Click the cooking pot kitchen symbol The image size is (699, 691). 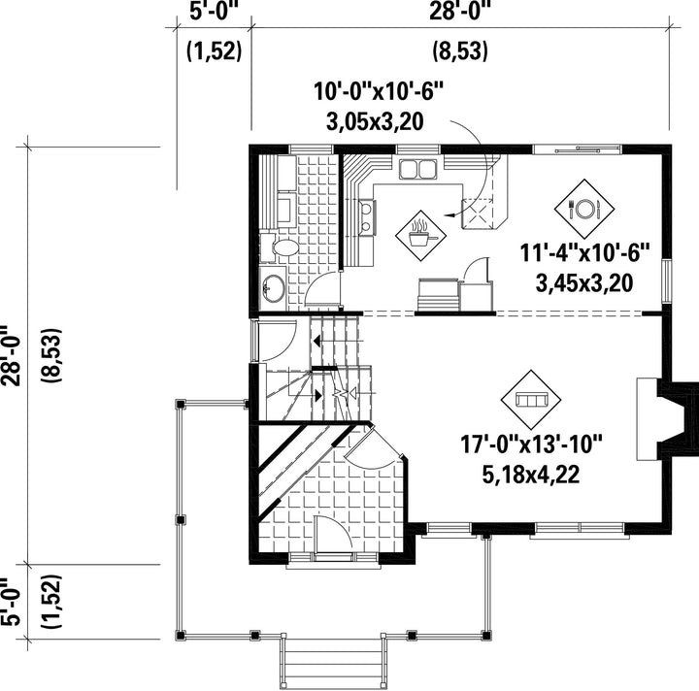pos(420,235)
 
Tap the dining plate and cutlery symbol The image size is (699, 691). pos(584,209)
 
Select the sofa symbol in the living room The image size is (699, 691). pos(531,399)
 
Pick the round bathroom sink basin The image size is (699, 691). pos(273,287)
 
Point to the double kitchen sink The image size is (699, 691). pos(417,169)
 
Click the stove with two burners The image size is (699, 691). pos(367,217)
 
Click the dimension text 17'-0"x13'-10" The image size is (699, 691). pos(531,444)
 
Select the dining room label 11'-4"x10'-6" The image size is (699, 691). pos(584,254)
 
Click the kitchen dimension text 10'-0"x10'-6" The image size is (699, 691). pos(378,92)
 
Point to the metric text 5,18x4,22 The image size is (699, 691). pos(531,475)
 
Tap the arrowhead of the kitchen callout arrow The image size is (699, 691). pos(449,215)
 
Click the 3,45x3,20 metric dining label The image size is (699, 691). pos(584,283)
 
